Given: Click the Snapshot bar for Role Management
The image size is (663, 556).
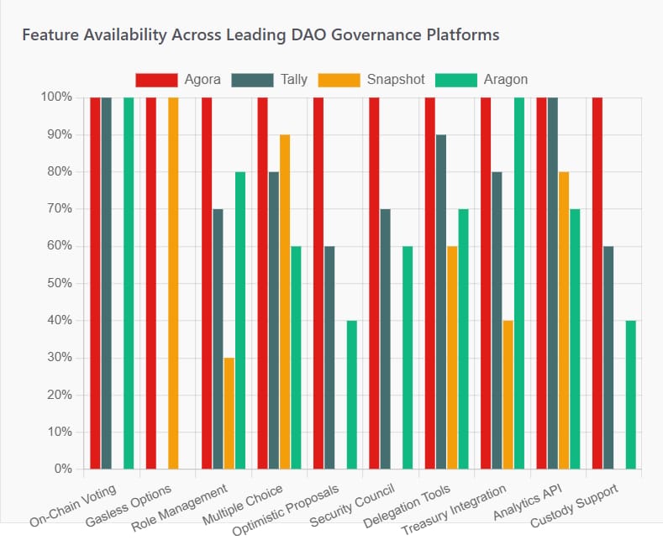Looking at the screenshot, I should [229, 413].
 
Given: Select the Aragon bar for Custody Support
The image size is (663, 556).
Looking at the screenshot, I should [630, 395].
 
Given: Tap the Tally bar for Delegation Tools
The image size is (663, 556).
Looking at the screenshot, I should [441, 302].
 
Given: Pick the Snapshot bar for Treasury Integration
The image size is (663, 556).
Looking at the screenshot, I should [508, 395].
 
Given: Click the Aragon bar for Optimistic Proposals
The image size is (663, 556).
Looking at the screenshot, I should [351, 395].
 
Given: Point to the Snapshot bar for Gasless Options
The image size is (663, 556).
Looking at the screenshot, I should [173, 283].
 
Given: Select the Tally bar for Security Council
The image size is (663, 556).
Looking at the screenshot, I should [385, 338].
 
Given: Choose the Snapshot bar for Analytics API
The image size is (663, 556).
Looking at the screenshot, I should [564, 320].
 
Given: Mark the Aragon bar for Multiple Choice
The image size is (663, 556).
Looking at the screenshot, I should [296, 357].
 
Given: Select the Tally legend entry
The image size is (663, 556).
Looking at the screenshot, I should [271, 80].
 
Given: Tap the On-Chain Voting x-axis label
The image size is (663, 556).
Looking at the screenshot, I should [74, 505].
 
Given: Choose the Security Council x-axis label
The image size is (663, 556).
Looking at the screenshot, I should [352, 505].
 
